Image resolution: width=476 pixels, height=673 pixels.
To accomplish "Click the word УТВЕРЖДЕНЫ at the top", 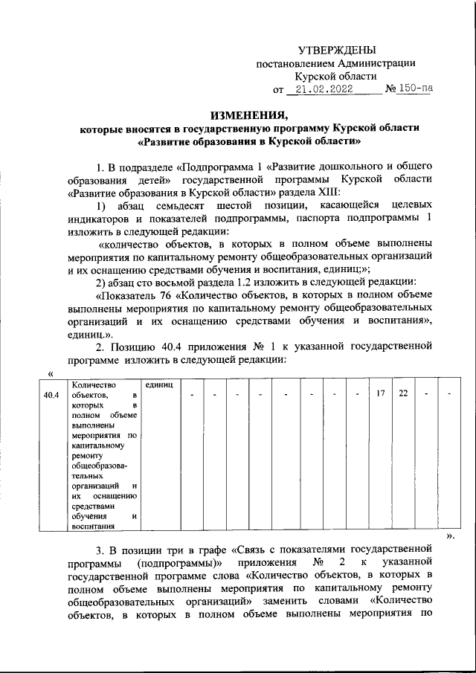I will point(332,50).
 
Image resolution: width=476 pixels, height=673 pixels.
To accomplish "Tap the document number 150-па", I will point(414,90).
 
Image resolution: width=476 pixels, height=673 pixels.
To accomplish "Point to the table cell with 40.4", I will point(51,394).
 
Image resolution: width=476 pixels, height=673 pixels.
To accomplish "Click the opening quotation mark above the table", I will point(50,373).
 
